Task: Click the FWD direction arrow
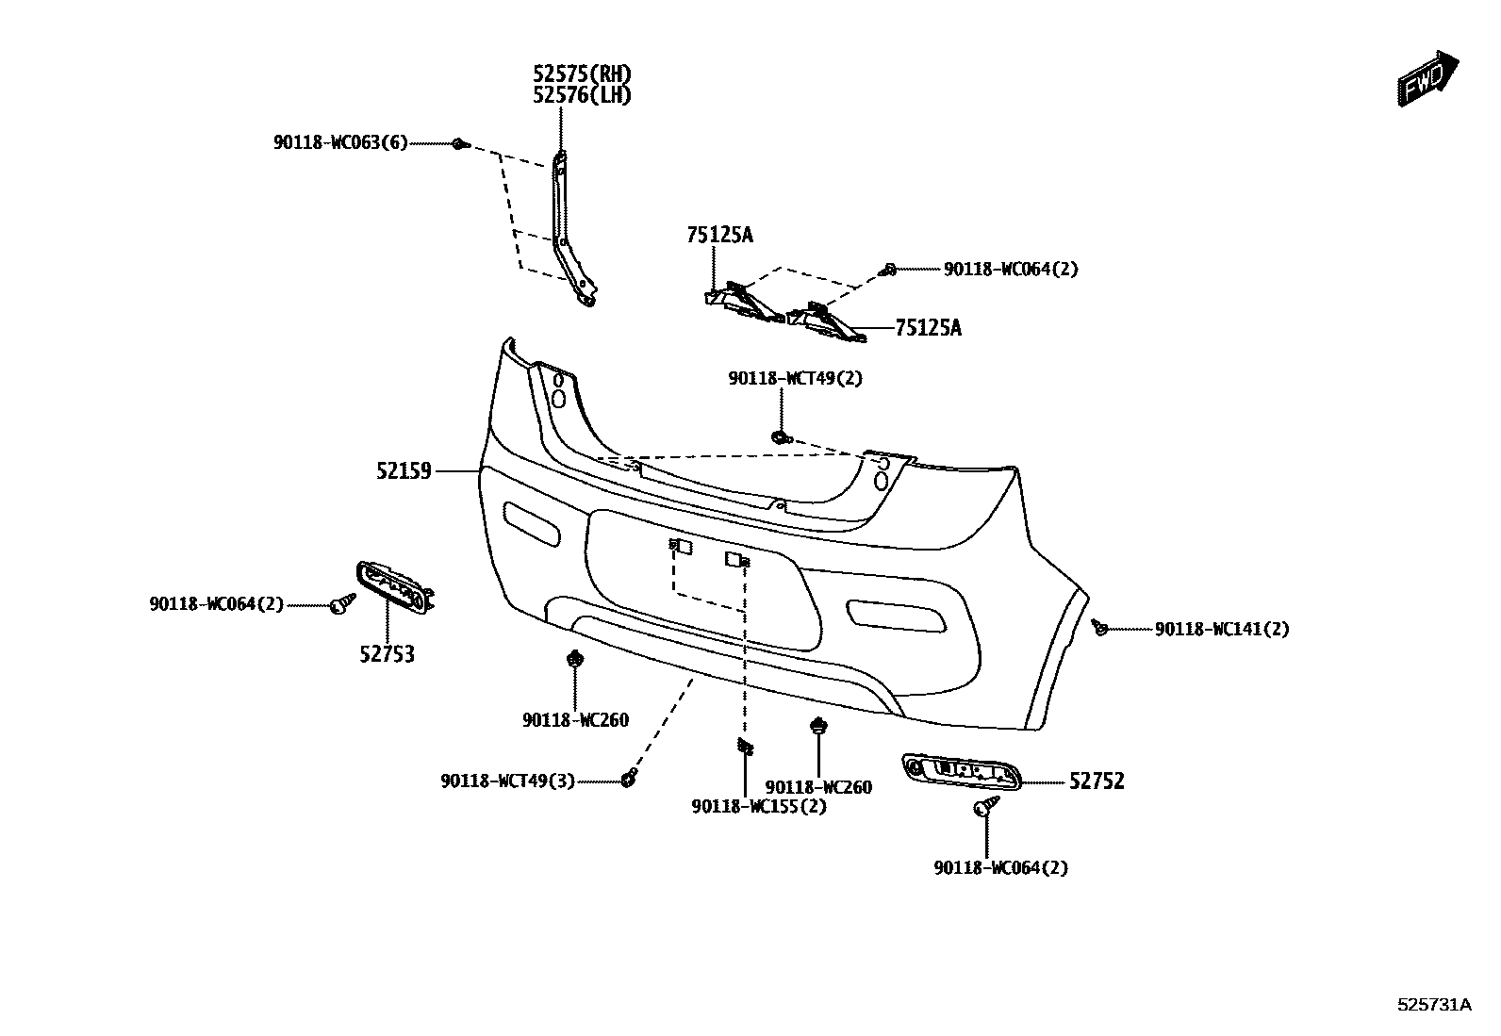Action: point(1428,78)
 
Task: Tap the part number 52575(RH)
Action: point(582,74)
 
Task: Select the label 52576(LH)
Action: point(582,95)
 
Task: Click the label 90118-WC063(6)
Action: point(340,143)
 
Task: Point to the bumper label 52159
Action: point(404,470)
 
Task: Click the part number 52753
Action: point(387,653)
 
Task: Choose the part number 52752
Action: point(1097,781)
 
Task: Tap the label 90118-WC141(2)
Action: point(1222,629)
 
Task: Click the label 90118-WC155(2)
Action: point(759,807)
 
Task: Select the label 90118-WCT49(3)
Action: point(507,781)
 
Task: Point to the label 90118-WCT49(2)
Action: point(795,379)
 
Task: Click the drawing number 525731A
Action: point(1434,1005)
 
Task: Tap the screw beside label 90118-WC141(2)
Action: point(1099,627)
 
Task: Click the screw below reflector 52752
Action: point(987,806)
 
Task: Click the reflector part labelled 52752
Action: point(962,771)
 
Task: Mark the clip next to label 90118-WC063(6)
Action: point(459,144)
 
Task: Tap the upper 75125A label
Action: point(720,235)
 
